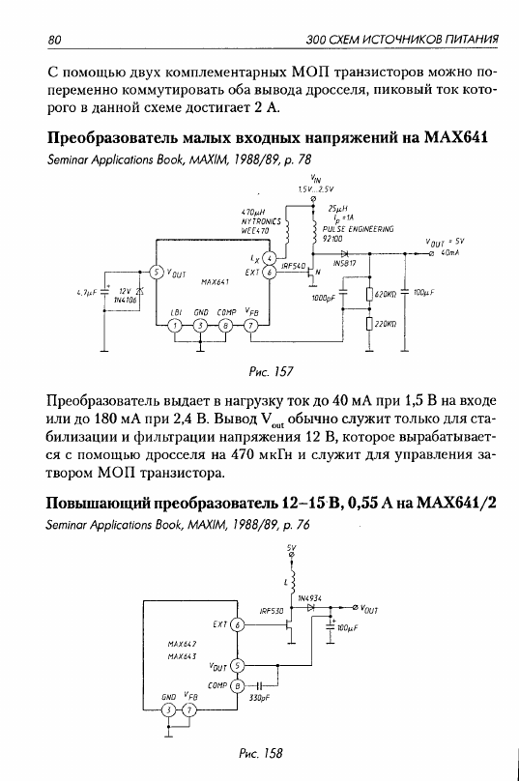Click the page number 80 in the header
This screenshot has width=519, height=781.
54,40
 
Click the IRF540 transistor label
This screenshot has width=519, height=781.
293,267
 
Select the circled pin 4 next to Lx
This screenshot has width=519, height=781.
269,258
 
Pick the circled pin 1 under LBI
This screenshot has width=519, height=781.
175,326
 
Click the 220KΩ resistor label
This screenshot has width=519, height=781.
385,324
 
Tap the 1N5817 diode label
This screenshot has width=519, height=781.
344,264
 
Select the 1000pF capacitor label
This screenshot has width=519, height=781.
324,298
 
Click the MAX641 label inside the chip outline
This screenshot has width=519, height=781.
215,281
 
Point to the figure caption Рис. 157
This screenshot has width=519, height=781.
271,371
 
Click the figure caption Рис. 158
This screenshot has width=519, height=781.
261,753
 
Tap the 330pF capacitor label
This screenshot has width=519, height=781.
259,698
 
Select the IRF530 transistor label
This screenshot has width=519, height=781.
272,611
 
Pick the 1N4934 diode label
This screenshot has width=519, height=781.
309,597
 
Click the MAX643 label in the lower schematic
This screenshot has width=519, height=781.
182,656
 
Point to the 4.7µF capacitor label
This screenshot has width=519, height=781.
86,294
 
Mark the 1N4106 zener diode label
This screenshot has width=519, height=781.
124,300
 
